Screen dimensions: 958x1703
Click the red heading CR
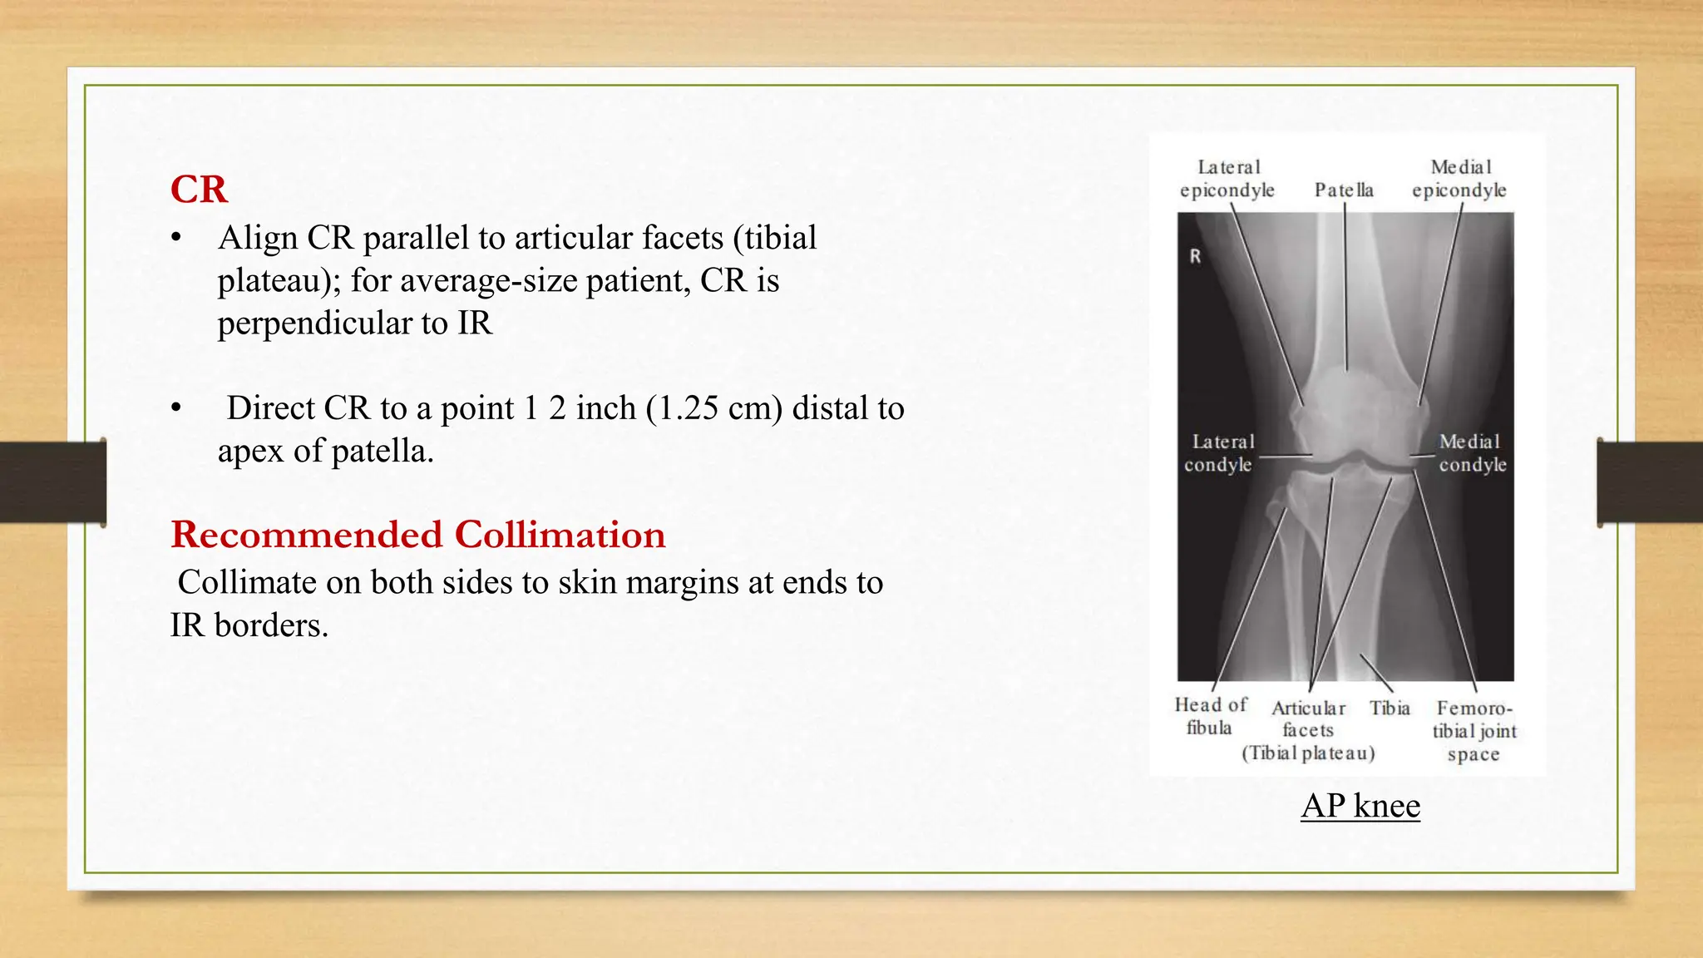tap(199, 190)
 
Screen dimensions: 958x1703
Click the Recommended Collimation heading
tap(417, 535)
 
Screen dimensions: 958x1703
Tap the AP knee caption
tap(1360, 805)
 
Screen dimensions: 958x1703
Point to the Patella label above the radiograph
tap(1344, 190)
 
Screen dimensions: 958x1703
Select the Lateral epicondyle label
tap(1227, 179)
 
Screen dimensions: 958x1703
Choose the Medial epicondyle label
tap(1459, 179)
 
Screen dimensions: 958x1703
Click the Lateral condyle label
tap(1219, 453)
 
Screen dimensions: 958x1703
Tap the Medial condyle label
tap(1472, 453)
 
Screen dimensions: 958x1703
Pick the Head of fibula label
tap(1210, 716)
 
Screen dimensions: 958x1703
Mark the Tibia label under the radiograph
tap(1390, 708)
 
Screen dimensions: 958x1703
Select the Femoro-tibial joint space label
tap(1473, 731)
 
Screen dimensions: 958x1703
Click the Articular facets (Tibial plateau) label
tap(1308, 731)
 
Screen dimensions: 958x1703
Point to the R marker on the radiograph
tap(1195, 257)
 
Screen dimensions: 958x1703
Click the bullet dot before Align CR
tap(175, 239)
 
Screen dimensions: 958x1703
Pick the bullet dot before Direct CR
tap(175, 409)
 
